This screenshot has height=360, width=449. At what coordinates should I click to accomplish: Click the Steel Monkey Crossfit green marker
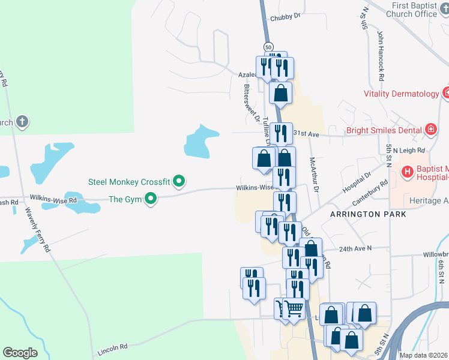click(x=179, y=181)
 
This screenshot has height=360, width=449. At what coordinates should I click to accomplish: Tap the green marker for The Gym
click(x=151, y=199)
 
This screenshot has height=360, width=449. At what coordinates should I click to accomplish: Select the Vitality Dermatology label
click(x=400, y=94)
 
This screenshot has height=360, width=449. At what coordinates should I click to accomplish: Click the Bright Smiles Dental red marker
click(x=430, y=129)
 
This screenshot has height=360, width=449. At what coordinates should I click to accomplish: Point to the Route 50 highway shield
click(x=268, y=47)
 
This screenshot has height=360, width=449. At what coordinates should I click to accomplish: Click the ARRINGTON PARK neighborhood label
click(x=367, y=214)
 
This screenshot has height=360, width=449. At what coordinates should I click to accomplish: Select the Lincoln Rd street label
click(x=112, y=347)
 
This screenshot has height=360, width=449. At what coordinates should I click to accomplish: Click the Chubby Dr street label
click(x=285, y=18)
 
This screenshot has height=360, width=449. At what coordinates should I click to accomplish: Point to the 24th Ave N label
click(x=355, y=248)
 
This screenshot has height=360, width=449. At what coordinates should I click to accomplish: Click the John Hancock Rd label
click(x=381, y=52)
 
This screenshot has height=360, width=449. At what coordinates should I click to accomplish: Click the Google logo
click(x=20, y=353)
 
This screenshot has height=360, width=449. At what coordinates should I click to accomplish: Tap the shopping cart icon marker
click(x=293, y=309)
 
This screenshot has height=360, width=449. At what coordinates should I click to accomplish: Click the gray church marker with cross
click(x=22, y=122)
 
